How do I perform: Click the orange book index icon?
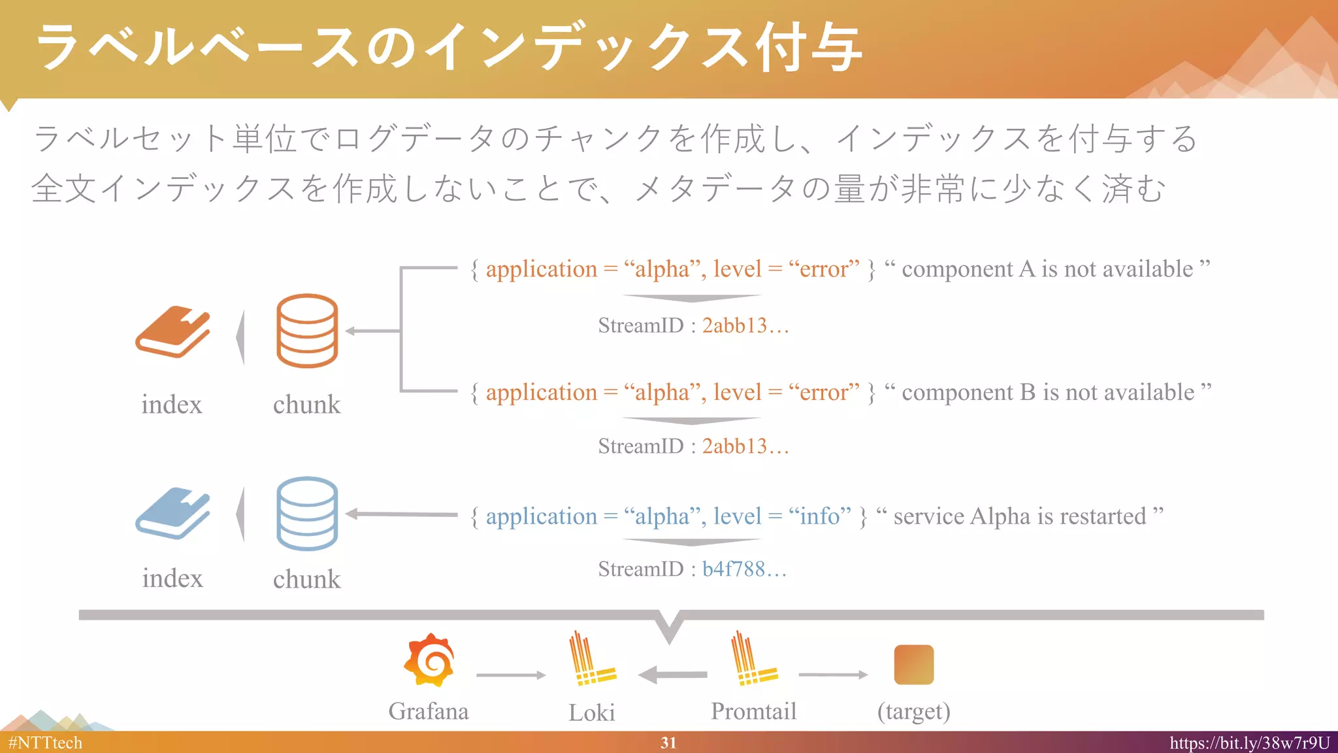pos(172,331)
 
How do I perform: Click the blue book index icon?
pos(172,514)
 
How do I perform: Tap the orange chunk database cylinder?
pos(307,331)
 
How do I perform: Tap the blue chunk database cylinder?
pos(307,514)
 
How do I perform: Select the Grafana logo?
pos(429,660)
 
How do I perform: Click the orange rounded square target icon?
pos(913,665)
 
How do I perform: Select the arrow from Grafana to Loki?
pos(511,675)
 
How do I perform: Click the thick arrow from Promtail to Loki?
pos(672,675)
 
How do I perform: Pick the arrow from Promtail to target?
pos(833,675)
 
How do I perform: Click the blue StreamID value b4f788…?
pos(744,569)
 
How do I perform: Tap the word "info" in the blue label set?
pos(819,516)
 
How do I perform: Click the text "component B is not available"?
pos(1048,392)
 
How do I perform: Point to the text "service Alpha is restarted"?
pos(1019,516)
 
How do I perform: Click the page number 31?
pos(668,743)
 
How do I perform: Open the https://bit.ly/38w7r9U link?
pos(1249,743)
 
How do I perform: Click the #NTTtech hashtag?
pos(45,743)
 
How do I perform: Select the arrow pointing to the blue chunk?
pos(401,514)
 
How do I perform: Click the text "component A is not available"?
pos(1047,269)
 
